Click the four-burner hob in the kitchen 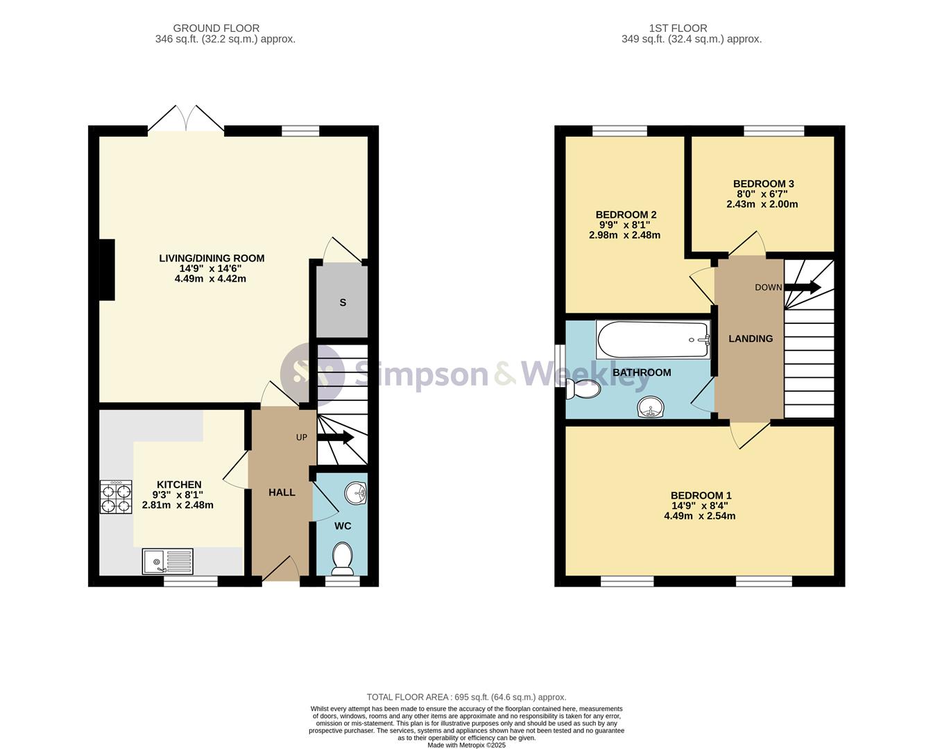point(116,497)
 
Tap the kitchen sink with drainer point(168,561)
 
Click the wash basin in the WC point(355,493)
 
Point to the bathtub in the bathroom point(653,339)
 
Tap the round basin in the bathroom point(651,408)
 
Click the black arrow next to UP point(336,437)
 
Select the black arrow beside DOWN point(802,287)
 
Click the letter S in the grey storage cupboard point(343,302)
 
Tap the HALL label point(282,492)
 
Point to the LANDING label point(751,339)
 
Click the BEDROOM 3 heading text point(763,184)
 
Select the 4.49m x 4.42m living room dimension point(210,279)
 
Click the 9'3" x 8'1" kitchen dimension point(178,494)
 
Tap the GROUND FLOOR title point(216,28)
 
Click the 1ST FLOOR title point(678,28)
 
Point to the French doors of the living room point(186,118)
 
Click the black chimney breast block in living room point(107,270)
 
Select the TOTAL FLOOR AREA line point(466,698)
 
